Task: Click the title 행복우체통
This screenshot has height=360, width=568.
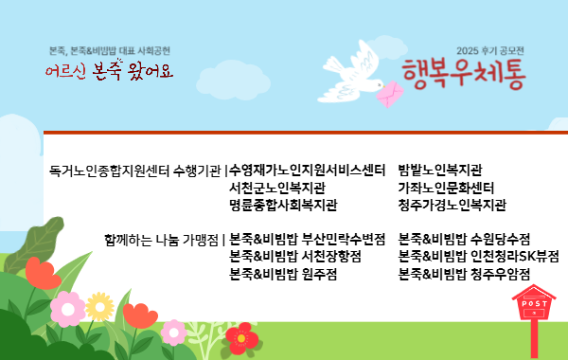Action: pyautogui.click(x=462, y=71)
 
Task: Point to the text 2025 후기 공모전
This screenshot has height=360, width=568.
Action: pyautogui.click(x=488, y=50)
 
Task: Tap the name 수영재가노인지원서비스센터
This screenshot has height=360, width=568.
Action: pyautogui.click(x=307, y=171)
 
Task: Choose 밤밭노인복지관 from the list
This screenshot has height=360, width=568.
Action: pyautogui.click(x=440, y=171)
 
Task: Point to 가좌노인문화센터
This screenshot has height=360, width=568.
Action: pyautogui.click(x=446, y=188)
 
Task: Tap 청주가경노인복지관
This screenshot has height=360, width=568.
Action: pyautogui.click(x=452, y=205)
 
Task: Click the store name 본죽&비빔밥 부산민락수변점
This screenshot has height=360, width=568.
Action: pyautogui.click(x=307, y=239)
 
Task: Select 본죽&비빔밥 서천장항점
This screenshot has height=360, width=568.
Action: pyautogui.click(x=295, y=256)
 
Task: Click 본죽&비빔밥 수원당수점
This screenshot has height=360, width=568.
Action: pyautogui.click(x=464, y=239)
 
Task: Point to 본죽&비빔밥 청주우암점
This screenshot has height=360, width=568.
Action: pyautogui.click(x=464, y=274)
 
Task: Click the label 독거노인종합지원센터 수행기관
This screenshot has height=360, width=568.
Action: pyautogui.click(x=135, y=171)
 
